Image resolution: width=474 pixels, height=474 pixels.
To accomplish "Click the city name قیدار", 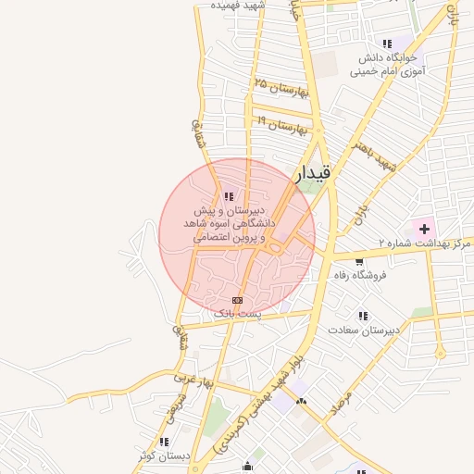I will pyautogui.click(x=315, y=173).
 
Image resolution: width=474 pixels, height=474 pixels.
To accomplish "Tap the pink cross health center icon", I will pyautogui.click(x=424, y=228).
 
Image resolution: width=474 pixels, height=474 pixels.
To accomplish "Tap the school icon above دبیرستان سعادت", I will pyautogui.click(x=363, y=316).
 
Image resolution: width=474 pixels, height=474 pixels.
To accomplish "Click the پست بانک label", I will pyautogui.click(x=238, y=314).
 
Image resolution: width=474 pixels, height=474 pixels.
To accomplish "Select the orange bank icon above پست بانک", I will pyautogui.click(x=238, y=300).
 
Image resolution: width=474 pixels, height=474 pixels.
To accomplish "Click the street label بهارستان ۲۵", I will pyautogui.click(x=279, y=88).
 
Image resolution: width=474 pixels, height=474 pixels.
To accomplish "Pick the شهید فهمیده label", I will pyautogui.click(x=238, y=6).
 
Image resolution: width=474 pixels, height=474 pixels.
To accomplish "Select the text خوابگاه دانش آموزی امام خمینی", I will pyautogui.click(x=390, y=65).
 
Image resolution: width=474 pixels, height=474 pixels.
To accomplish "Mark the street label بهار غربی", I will pyautogui.click(x=193, y=380).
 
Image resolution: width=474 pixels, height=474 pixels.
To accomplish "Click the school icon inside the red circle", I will pyautogui.click(x=228, y=196).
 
